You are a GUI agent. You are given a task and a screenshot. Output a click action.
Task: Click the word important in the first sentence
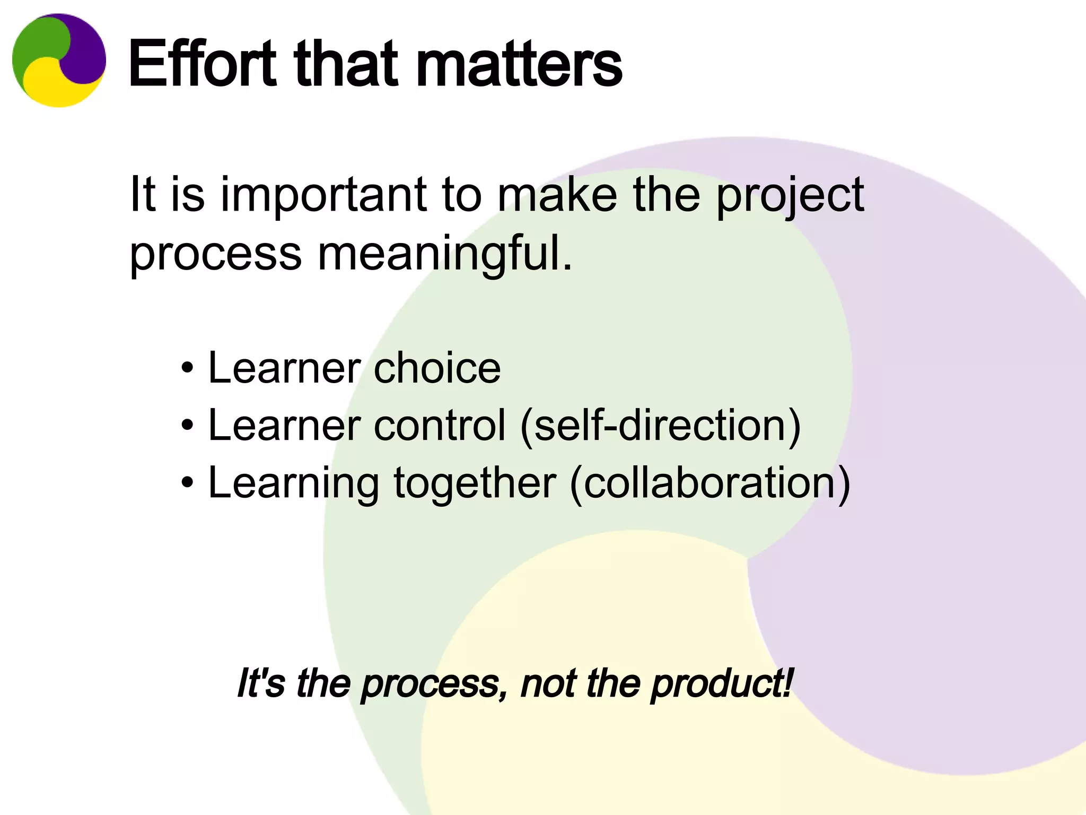point(324,195)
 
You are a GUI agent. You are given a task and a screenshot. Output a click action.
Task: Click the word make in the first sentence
point(557,194)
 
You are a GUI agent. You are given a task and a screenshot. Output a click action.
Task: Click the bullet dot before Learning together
point(187,482)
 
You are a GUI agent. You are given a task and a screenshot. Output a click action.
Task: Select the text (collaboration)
point(710,482)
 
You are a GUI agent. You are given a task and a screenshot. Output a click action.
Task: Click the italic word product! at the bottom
point(722,683)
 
